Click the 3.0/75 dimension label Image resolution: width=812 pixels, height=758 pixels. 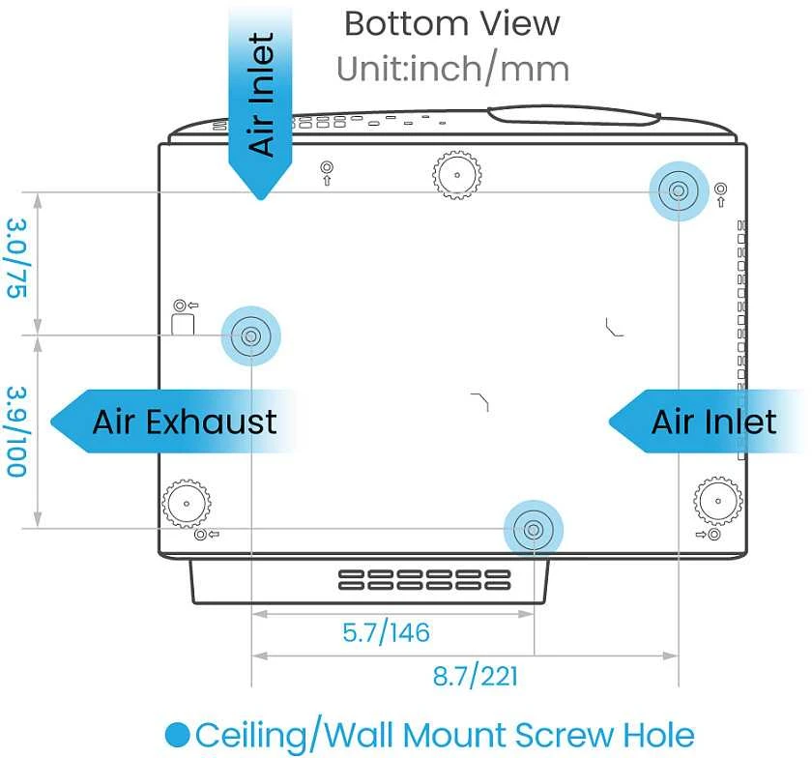click(x=17, y=258)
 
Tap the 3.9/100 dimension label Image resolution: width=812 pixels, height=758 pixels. click(x=16, y=431)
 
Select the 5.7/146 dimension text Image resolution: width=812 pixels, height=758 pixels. click(x=386, y=632)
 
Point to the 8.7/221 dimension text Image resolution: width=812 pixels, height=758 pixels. click(x=475, y=676)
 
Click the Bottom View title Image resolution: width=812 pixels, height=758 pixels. click(x=451, y=24)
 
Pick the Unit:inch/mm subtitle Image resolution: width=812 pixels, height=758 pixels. click(x=452, y=69)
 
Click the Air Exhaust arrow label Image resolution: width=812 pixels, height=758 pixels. click(x=173, y=422)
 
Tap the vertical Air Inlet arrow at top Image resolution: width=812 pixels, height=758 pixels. click(x=260, y=103)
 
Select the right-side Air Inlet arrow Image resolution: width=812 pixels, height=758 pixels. click(x=707, y=422)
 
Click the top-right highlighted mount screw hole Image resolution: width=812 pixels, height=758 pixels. click(x=679, y=191)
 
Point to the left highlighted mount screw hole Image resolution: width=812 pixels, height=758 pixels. click(x=251, y=336)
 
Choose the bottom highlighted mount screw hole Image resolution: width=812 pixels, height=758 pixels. click(x=534, y=530)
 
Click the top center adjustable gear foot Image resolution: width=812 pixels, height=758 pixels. click(x=456, y=175)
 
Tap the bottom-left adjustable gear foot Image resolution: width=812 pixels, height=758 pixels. click(x=187, y=503)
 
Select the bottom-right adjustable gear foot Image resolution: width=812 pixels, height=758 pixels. click(x=717, y=501)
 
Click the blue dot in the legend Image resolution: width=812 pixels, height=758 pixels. click(x=178, y=735)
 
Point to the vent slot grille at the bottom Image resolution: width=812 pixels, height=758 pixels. click(x=424, y=580)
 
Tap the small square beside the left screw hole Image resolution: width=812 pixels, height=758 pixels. click(x=183, y=324)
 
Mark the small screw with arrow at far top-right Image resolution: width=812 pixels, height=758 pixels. click(x=720, y=193)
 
